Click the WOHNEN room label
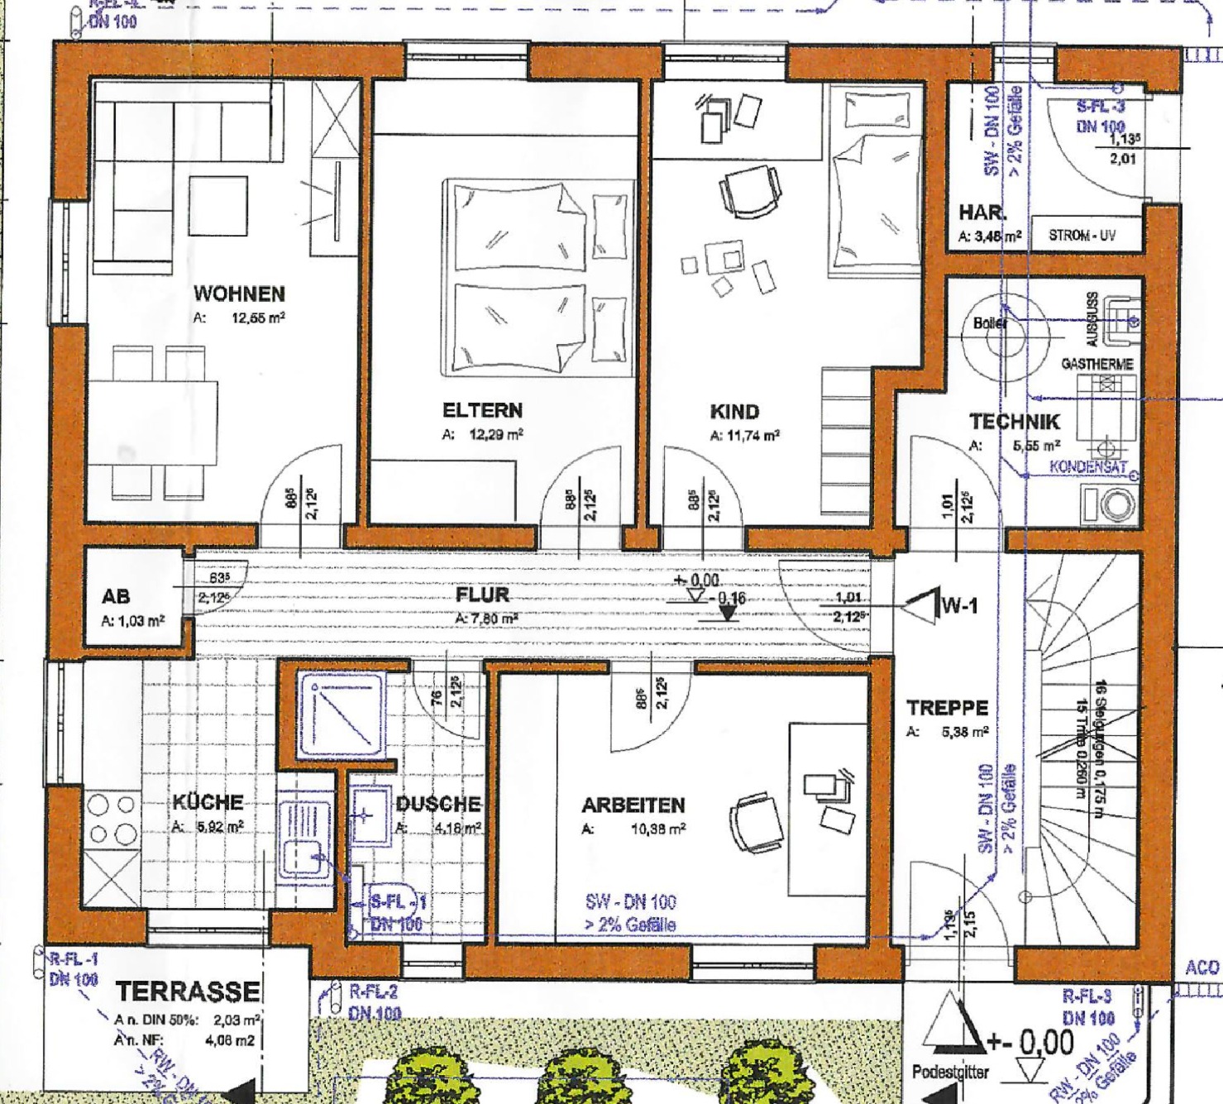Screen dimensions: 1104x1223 click(x=239, y=294)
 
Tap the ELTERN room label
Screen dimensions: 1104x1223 click(x=482, y=410)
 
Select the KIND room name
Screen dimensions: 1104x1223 click(x=734, y=412)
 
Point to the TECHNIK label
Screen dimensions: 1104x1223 click(x=1014, y=422)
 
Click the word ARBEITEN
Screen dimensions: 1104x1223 click(x=633, y=805)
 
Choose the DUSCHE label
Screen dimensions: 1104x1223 click(x=437, y=804)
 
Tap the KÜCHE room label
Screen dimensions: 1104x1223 click(x=208, y=802)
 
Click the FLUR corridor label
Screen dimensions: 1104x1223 click(x=482, y=595)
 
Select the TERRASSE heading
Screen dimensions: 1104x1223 click(x=188, y=992)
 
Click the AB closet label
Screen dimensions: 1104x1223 click(x=116, y=596)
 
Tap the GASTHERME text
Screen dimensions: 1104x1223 click(x=1096, y=364)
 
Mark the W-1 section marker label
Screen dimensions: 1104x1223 click(x=959, y=606)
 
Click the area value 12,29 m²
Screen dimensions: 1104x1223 click(x=496, y=434)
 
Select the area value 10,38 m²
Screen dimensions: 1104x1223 click(x=657, y=829)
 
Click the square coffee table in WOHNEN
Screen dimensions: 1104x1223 click(x=217, y=206)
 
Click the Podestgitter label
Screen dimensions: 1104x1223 click(x=950, y=1073)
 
